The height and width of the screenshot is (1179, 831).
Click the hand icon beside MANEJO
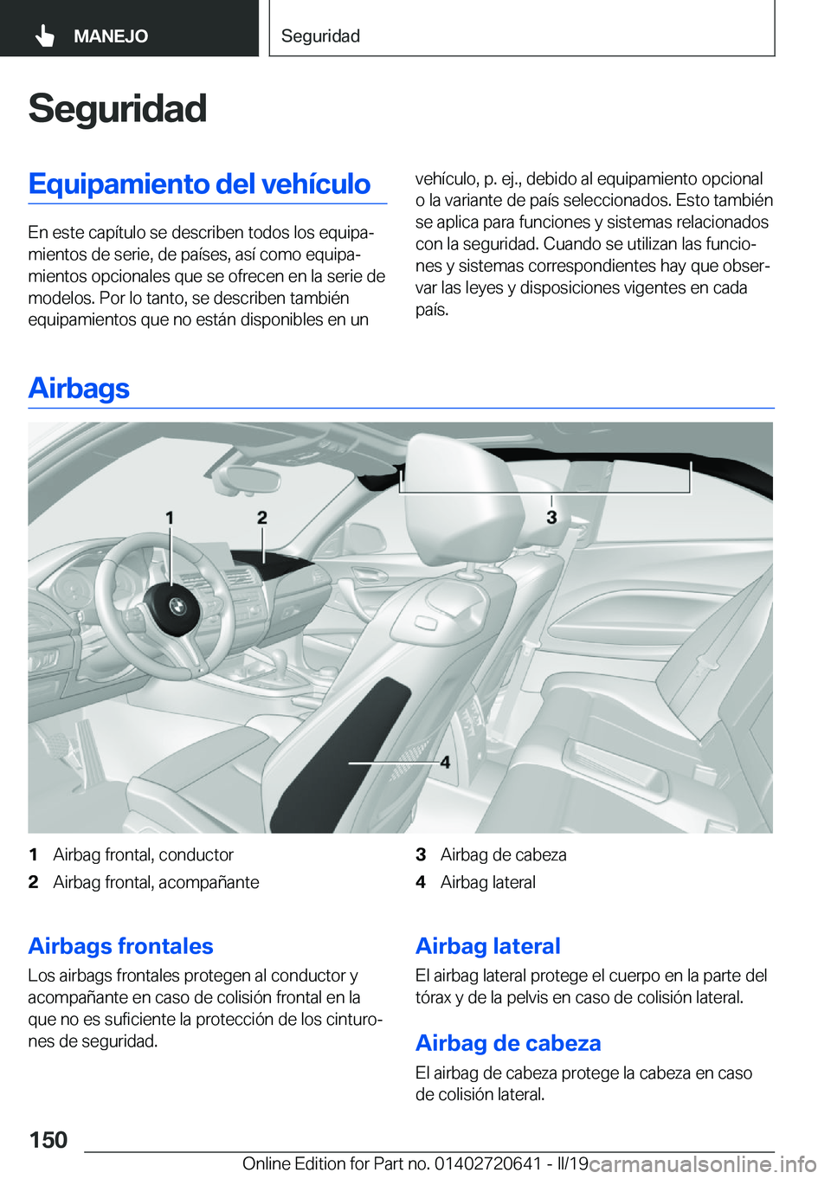pyautogui.click(x=45, y=35)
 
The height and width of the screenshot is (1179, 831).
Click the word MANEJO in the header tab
pyautogui.click(x=111, y=36)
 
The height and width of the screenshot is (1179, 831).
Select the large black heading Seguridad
pyautogui.click(x=117, y=109)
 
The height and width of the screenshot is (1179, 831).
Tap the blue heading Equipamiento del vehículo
pyautogui.click(x=199, y=184)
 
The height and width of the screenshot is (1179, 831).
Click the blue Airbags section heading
pyautogui.click(x=79, y=388)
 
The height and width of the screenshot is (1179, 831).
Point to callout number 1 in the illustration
pyautogui.click(x=170, y=518)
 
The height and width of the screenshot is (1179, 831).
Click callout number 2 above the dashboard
pyautogui.click(x=262, y=518)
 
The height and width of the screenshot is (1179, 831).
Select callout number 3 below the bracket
pyautogui.click(x=551, y=518)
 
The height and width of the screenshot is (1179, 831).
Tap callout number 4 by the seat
pyautogui.click(x=445, y=763)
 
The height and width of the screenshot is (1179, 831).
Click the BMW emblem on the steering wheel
pyautogui.click(x=177, y=605)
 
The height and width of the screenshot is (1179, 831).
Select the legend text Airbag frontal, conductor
pyautogui.click(x=143, y=855)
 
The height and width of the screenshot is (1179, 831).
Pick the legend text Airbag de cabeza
pyautogui.click(x=503, y=855)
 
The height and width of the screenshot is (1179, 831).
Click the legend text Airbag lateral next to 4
pyautogui.click(x=487, y=883)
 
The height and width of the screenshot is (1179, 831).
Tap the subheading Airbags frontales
pyautogui.click(x=120, y=946)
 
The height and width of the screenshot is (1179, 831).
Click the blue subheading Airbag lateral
pyautogui.click(x=487, y=946)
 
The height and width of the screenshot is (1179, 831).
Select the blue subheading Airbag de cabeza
pyautogui.click(x=508, y=1043)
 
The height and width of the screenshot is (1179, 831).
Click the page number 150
pyautogui.click(x=48, y=1140)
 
